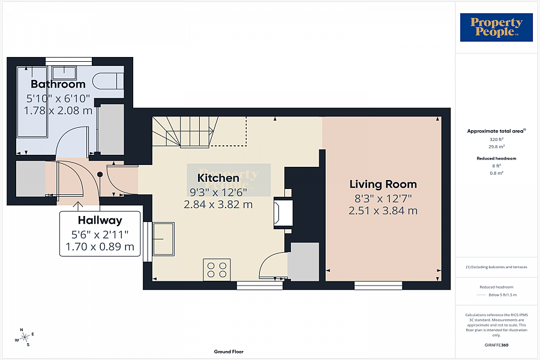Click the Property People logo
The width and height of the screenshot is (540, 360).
point(496,27)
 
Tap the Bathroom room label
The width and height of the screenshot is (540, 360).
point(58,84)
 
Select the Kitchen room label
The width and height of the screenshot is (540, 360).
point(218,178)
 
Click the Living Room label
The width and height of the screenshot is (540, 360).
point(383,184)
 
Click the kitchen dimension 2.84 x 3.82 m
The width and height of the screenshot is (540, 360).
point(218,204)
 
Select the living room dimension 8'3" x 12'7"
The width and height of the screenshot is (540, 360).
point(383,198)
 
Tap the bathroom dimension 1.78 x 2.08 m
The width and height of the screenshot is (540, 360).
point(58,110)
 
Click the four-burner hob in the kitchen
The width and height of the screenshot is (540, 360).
point(217,268)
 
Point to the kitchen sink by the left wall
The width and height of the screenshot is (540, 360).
point(163,238)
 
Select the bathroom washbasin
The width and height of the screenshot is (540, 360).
point(63,73)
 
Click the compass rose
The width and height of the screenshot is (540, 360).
point(25,337)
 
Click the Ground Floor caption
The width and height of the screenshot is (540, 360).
point(229,352)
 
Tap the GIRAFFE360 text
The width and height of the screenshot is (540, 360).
point(496,346)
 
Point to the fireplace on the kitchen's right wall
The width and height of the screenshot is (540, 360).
point(283,213)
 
